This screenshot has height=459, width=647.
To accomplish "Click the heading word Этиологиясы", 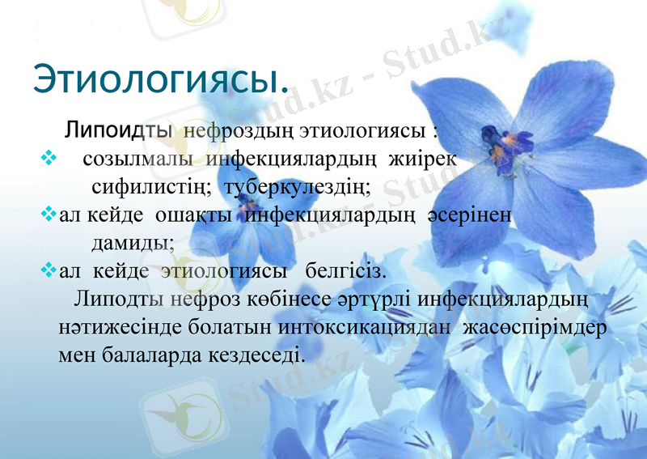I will (160, 79).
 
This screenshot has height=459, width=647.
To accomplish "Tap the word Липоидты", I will (117, 129).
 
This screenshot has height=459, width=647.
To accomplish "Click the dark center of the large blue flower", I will (495, 139).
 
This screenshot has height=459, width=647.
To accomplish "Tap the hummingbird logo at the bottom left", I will (184, 411).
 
